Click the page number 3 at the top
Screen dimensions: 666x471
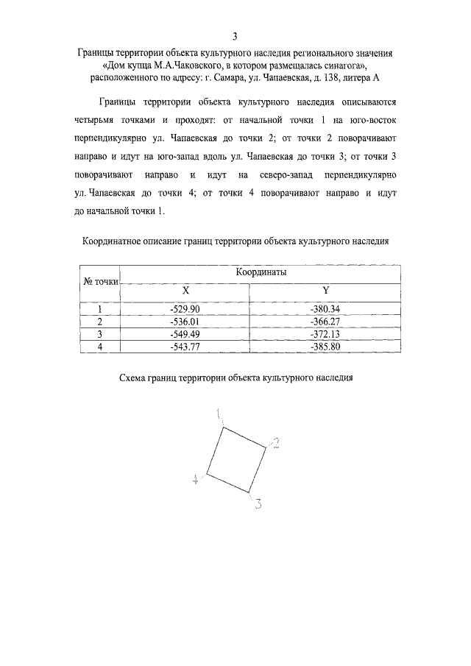tap(235, 36)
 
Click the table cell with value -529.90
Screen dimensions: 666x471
tap(185, 309)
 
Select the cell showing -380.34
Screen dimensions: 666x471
tap(325, 309)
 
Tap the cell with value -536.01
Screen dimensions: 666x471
tap(185, 322)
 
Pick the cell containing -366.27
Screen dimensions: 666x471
tap(325, 322)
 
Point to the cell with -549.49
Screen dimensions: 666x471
tap(185, 334)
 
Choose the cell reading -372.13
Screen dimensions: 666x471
tap(325, 334)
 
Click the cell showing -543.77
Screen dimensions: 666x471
tap(185, 347)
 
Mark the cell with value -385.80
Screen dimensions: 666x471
tap(325, 347)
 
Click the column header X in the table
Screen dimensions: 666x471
tap(185, 290)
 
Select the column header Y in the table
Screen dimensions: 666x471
tap(325, 290)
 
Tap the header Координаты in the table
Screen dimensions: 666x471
tap(261, 272)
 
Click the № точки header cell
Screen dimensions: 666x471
tap(99, 281)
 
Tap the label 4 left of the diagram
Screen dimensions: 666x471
tap(196, 479)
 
